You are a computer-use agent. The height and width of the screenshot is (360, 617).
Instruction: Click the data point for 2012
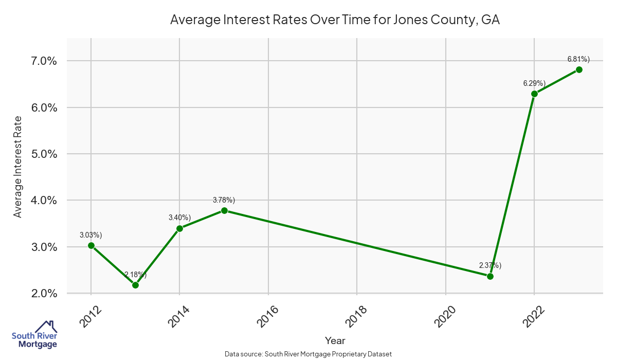point(91,245)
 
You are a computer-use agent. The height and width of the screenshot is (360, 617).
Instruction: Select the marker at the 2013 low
point(135,285)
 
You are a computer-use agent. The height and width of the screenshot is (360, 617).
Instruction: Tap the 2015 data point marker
point(224,210)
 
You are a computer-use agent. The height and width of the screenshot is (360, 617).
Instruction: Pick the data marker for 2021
point(490,276)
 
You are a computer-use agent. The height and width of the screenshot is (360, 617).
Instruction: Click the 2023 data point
point(579,69)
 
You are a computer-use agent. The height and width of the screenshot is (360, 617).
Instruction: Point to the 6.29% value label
point(534,83)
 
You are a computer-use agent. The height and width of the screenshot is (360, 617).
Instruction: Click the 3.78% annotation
point(224,200)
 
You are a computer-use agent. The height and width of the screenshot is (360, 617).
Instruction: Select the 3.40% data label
point(180,218)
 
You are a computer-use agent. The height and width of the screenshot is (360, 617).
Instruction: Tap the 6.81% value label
point(578,59)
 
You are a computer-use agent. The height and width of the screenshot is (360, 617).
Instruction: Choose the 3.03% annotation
point(91,235)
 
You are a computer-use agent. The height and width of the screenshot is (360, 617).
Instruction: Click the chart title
point(335,20)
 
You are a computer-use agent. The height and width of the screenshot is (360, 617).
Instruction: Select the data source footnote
point(308,354)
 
